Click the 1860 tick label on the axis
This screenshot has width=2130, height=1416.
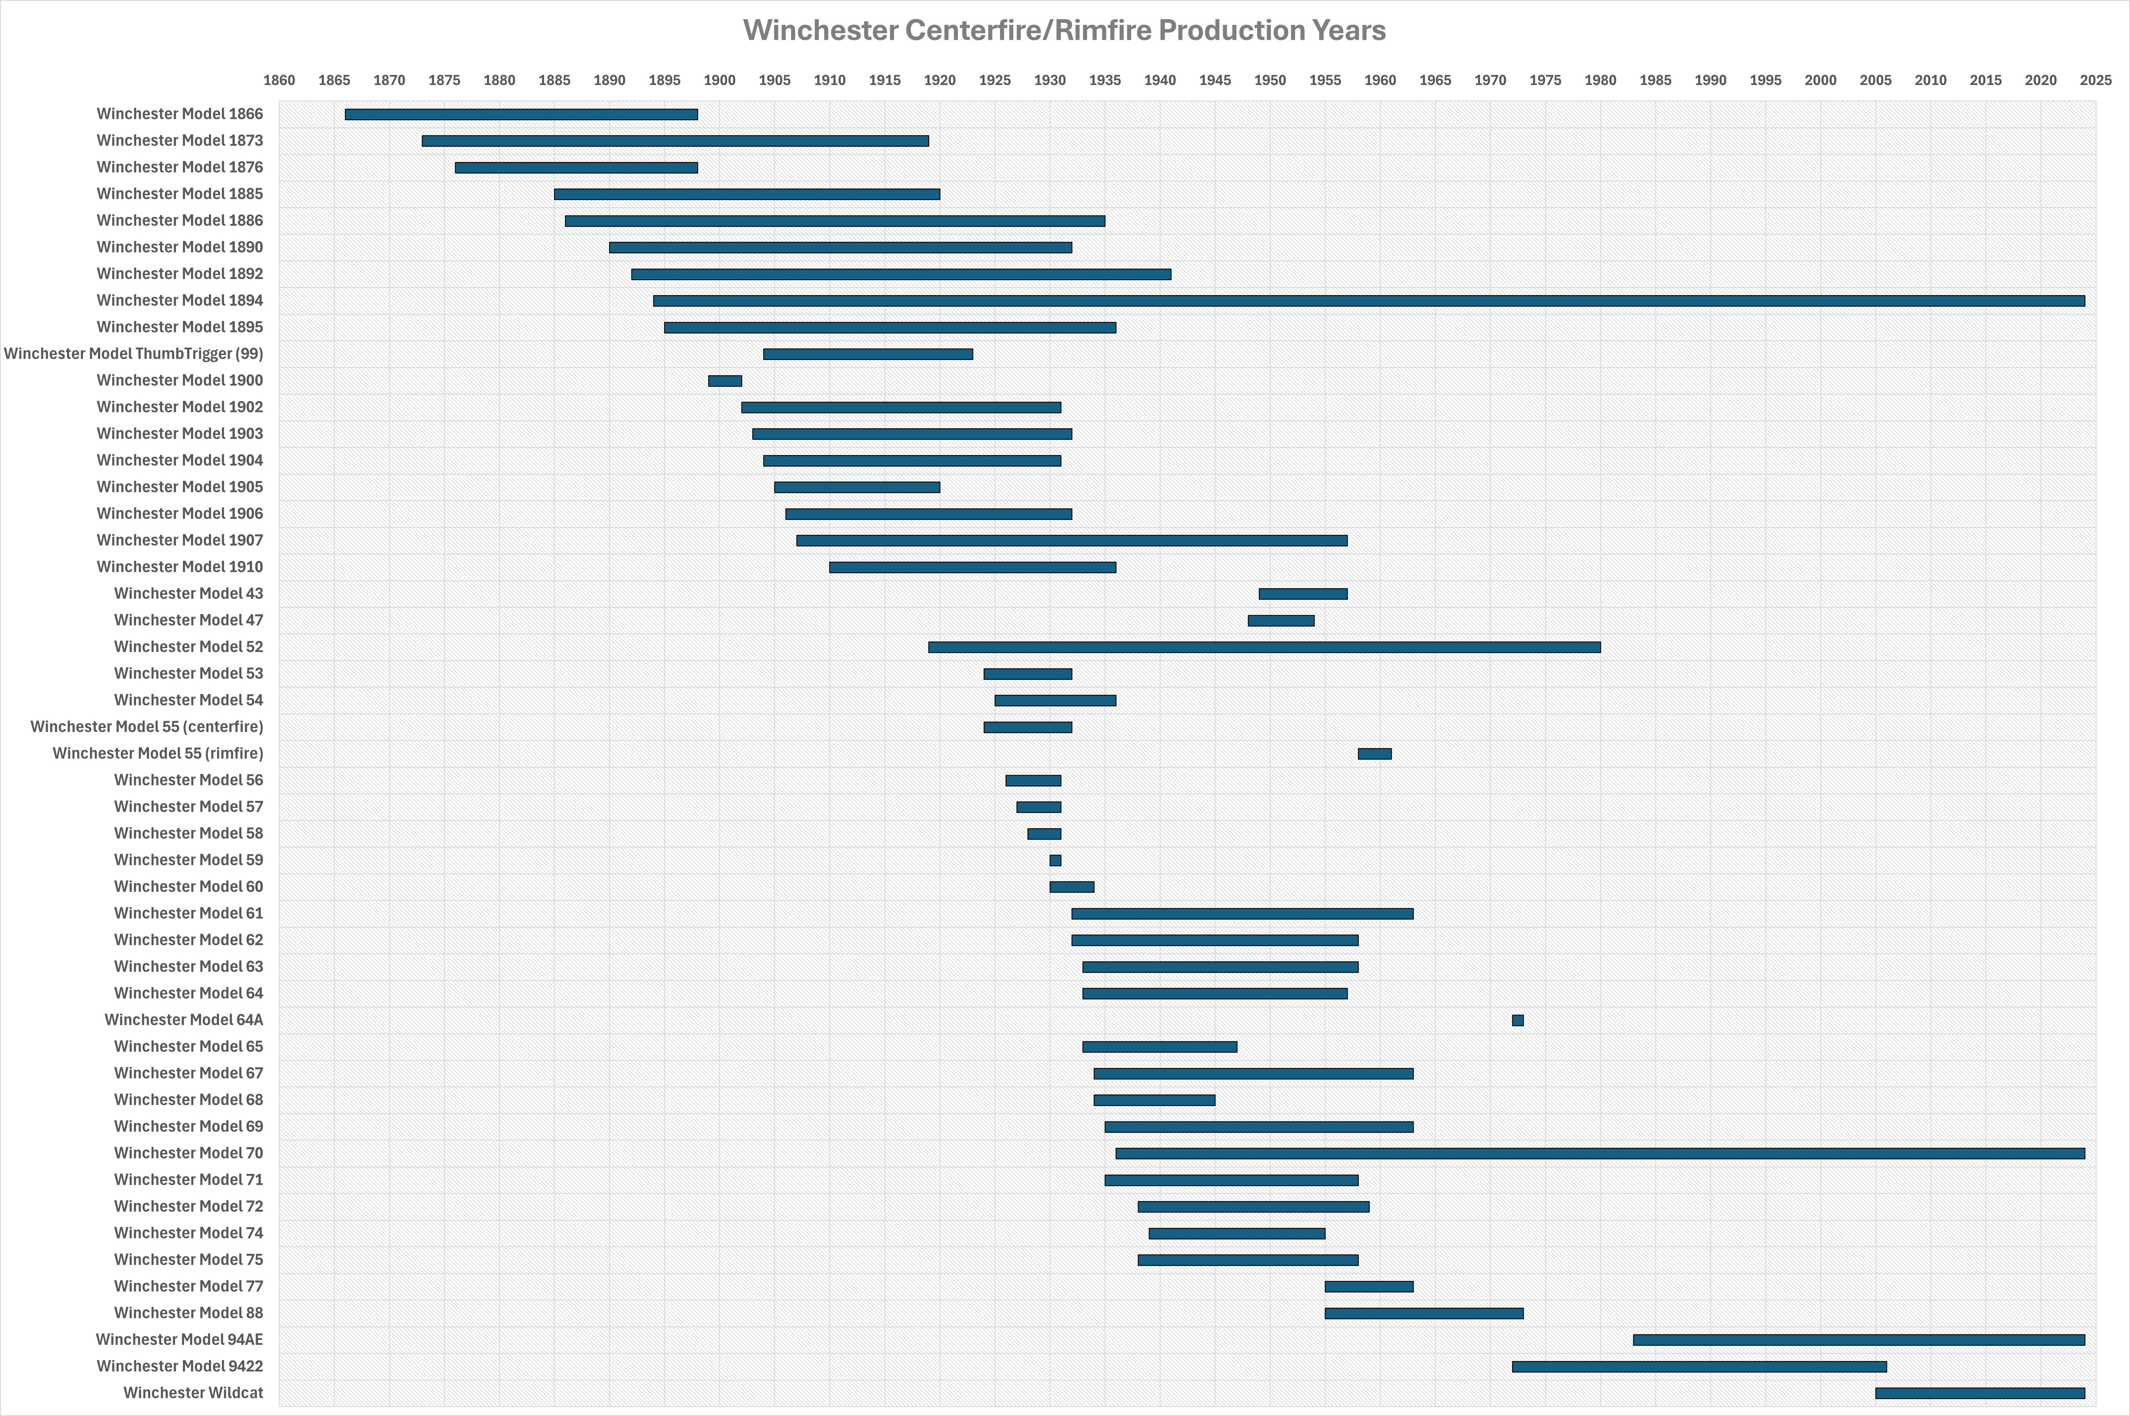coord(279,80)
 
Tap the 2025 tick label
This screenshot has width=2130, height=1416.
coord(2096,80)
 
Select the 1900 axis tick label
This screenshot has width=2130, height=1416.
coord(720,80)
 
